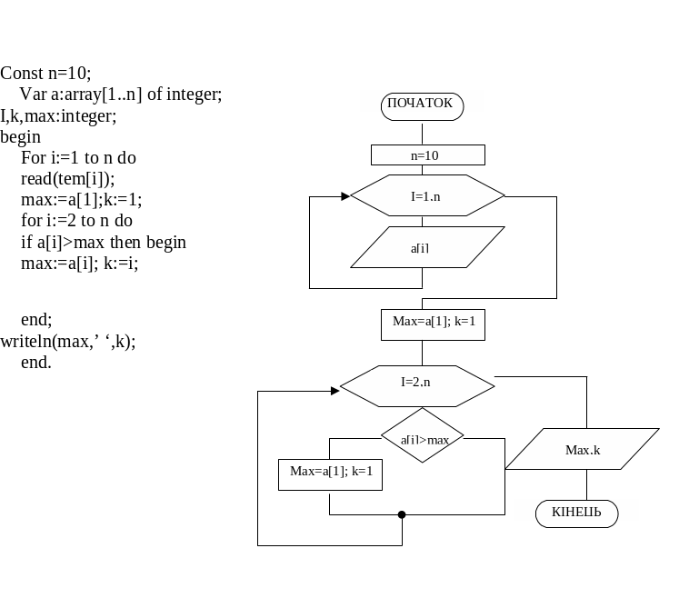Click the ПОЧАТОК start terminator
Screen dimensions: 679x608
coord(422,106)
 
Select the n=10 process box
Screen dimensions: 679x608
coord(428,155)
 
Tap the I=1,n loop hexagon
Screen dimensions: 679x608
coord(427,195)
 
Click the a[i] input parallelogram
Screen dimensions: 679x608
coord(427,247)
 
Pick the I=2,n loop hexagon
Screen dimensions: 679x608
coord(417,386)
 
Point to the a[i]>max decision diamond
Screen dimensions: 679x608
coord(422,435)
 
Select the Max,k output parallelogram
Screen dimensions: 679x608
coord(583,449)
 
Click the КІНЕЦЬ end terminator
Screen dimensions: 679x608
coord(577,514)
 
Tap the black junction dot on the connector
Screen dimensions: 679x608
coord(402,514)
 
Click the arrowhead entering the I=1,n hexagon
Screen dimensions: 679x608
coord(345,196)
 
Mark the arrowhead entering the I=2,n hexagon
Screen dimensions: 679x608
coord(335,391)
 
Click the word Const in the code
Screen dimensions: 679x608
coord(22,74)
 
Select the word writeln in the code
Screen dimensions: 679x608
coord(26,341)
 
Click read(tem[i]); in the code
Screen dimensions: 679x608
coord(68,179)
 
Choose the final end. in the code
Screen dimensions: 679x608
coord(36,362)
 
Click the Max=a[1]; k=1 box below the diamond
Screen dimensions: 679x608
coord(330,474)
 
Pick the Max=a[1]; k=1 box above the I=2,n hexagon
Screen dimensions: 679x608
coord(433,324)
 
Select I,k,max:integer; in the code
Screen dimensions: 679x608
coord(58,116)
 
